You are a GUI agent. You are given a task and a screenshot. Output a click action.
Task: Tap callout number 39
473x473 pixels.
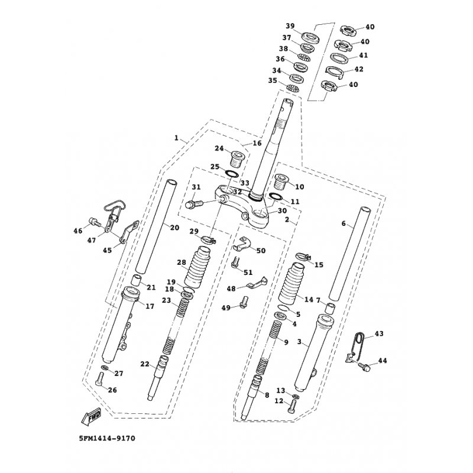290,27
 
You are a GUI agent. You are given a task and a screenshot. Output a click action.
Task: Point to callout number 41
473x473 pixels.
363,56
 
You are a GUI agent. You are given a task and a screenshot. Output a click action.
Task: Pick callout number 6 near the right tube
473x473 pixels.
343,225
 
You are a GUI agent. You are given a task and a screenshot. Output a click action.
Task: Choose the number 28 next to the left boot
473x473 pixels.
165,262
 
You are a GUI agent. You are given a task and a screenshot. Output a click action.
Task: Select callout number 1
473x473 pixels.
176,138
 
